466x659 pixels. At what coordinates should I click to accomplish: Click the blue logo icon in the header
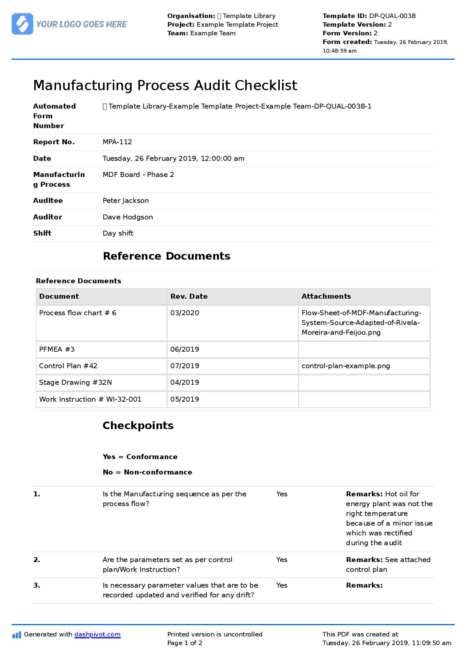tap(22, 24)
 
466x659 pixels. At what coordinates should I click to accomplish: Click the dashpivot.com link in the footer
tap(97, 634)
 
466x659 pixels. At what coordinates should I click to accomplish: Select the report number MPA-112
tap(117, 142)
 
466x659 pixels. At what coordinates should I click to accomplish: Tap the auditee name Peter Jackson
tap(126, 201)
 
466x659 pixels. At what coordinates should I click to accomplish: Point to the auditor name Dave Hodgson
tap(128, 217)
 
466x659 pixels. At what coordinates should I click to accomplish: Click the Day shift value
tap(118, 233)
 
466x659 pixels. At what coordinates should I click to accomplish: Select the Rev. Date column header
tap(189, 296)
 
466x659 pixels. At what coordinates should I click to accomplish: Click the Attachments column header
tap(326, 296)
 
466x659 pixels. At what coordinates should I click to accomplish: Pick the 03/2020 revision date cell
tap(185, 313)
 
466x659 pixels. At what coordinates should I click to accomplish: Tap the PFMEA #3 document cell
tap(57, 349)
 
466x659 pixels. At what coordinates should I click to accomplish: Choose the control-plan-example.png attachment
tap(346, 366)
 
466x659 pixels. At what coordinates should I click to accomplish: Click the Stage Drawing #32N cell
tap(75, 382)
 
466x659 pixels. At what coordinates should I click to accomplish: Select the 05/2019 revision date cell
tap(185, 399)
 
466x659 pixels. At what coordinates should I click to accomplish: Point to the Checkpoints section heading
tap(138, 426)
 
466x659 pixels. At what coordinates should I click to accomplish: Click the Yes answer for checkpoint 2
tap(282, 560)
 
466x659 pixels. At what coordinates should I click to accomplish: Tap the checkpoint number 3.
tap(36, 585)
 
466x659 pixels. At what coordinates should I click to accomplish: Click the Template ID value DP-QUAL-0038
tap(392, 16)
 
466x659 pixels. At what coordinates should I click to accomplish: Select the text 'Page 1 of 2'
tap(185, 643)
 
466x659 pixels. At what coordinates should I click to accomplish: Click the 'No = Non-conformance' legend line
tap(147, 472)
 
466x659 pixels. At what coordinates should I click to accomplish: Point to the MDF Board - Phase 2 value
tap(138, 175)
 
